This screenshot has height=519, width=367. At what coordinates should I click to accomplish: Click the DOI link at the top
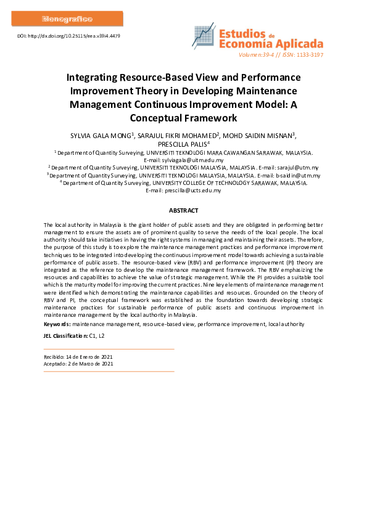[x=68, y=36]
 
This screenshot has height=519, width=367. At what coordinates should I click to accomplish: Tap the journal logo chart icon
[x=204, y=37]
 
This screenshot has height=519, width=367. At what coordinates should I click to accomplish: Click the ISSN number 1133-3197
[x=309, y=55]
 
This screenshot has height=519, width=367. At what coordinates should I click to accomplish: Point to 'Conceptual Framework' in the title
[x=183, y=117]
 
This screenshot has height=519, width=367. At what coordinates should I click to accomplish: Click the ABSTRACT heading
[x=183, y=211]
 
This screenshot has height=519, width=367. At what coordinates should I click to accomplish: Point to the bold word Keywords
[x=57, y=324]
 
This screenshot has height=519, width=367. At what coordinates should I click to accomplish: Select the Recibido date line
[x=78, y=356]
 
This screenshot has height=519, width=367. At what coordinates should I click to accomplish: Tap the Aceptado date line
[x=78, y=364]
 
